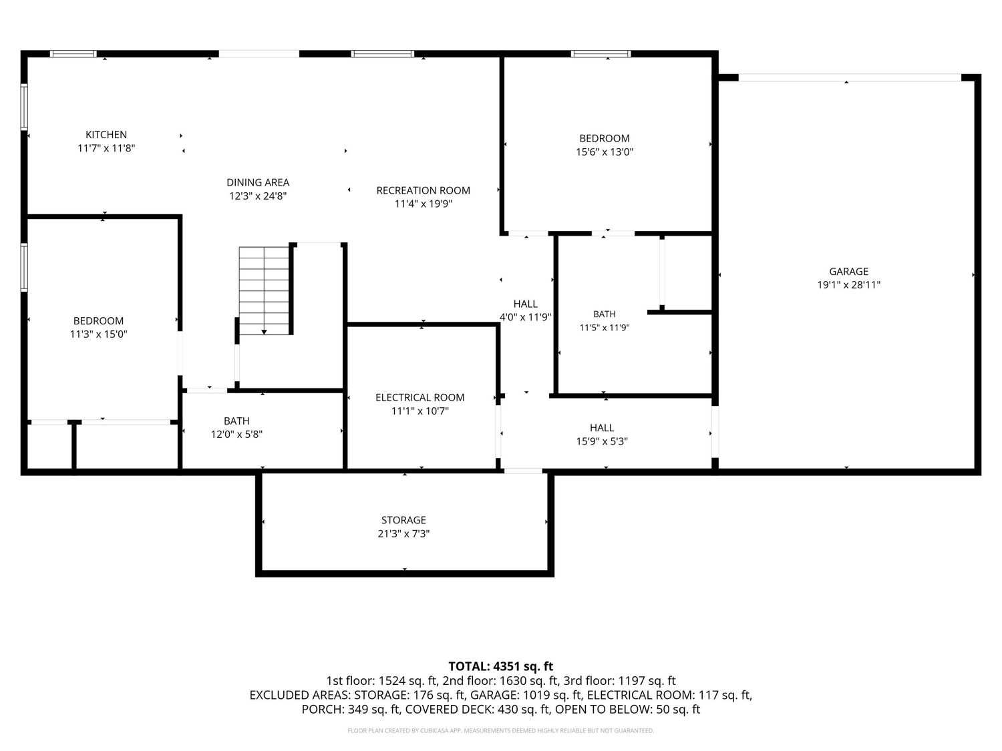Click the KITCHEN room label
pos(106,135)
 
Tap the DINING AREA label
pos(258,182)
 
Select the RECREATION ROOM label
pos(423,190)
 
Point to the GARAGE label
pos(848,271)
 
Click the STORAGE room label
pos(403,520)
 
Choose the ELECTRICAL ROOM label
pos(420,397)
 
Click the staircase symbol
pos(265,290)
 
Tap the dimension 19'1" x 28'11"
pos(848,285)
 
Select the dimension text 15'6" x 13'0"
pos(605,152)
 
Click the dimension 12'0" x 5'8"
pos(236,434)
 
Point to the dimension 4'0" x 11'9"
pos(526,317)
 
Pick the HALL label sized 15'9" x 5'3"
pos(602,428)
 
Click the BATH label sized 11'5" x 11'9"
pos(605,314)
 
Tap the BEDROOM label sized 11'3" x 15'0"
pos(98,320)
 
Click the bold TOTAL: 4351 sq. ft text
pos(501,666)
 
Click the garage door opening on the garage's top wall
pos(850,77)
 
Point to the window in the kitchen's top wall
pos(73,54)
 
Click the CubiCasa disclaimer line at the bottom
pos(501,730)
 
